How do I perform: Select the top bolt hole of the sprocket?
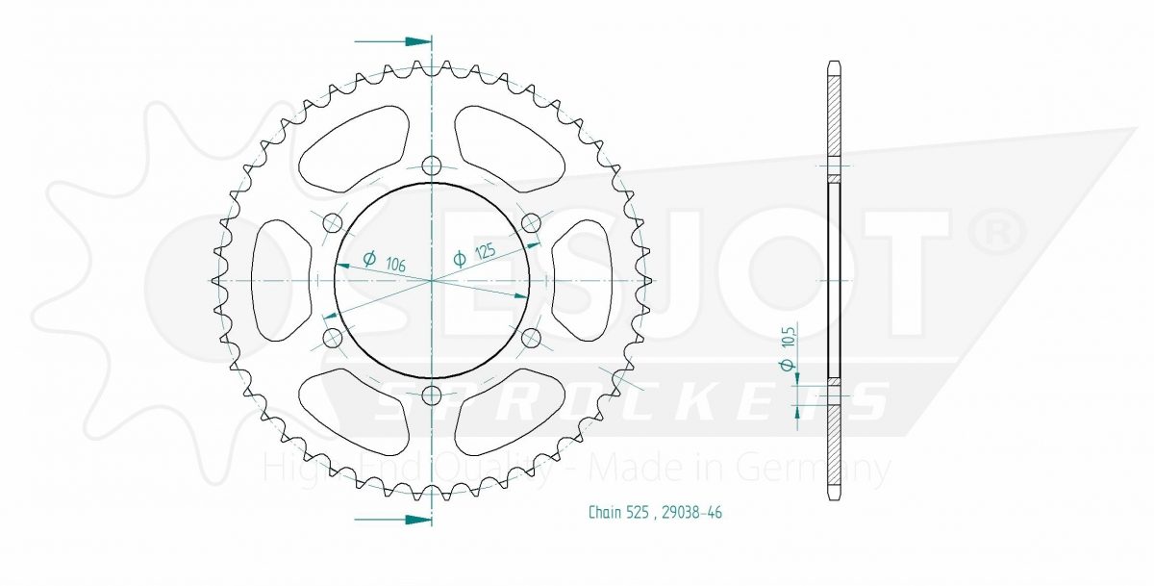coord(432,166)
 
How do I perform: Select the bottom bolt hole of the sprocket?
coord(432,395)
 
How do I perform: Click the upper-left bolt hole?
coord(333,223)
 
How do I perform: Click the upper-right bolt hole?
coord(531,223)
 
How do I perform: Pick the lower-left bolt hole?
coord(333,338)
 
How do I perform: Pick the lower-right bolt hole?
coord(531,338)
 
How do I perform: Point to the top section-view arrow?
coord(392,41)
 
